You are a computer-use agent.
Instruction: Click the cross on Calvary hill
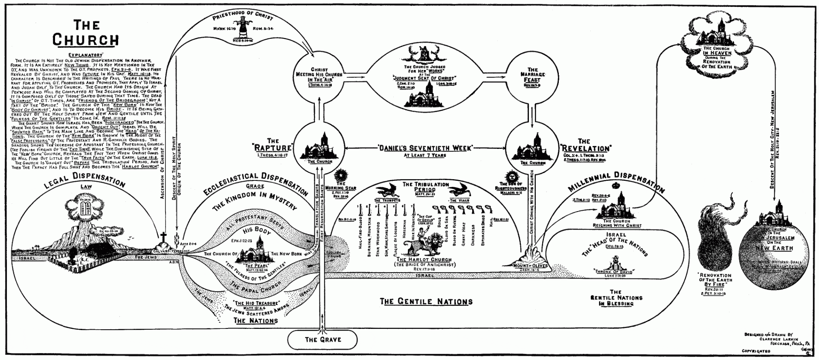click(x=163, y=237)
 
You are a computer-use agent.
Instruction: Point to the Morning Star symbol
click(x=341, y=175)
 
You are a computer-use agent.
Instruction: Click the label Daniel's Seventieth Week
click(x=425, y=148)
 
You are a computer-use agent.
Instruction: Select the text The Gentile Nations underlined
click(x=426, y=302)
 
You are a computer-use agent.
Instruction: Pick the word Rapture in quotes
click(x=273, y=148)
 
